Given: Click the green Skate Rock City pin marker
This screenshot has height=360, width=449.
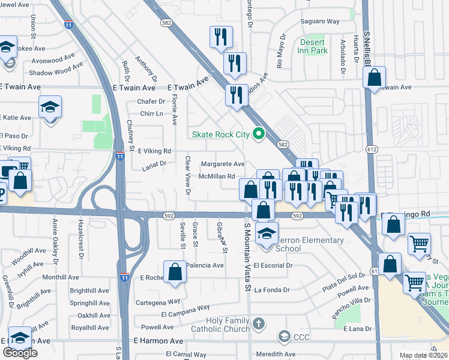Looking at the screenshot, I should pos(259,134).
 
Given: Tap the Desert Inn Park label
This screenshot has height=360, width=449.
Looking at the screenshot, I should pos(313,47).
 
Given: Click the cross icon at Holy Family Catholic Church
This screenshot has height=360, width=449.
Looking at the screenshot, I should pos(259,325).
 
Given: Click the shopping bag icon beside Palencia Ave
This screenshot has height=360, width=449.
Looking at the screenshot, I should pos(175,271).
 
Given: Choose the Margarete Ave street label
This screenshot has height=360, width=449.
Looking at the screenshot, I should pos(223,164).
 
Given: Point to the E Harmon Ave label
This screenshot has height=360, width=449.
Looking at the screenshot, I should pos(158,340).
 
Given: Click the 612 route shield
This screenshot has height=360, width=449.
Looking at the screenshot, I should pos(373,149).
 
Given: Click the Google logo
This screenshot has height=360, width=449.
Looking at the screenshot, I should pos(20,353).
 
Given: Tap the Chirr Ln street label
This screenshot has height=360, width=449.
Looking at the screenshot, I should pos(151,113).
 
